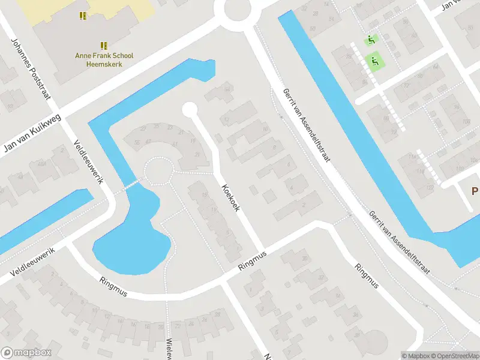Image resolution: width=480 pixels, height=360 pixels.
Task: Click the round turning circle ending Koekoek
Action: click(190, 109)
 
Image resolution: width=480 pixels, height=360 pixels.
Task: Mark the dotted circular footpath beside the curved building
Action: click(158, 171)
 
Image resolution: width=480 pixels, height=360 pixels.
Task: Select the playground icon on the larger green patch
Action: click(374, 60)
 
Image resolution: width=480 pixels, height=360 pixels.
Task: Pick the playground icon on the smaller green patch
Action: click(371, 40)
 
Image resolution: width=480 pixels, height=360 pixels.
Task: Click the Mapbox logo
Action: click(25, 353)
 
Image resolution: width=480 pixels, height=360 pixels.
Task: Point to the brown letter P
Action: click(475, 191)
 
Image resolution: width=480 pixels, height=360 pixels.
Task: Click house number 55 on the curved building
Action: click(137, 142)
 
